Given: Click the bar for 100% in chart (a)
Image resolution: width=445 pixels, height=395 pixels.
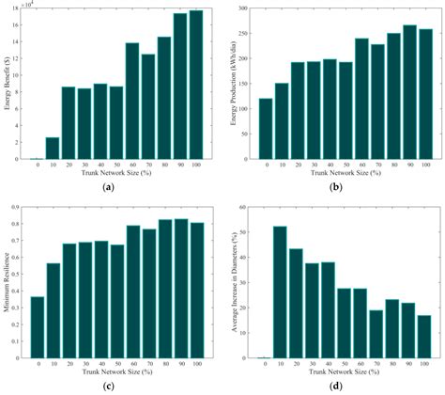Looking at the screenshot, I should pyautogui.click(x=195, y=85).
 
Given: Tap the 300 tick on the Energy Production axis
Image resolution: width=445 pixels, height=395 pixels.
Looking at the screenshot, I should pyautogui.click(x=241, y=8).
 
